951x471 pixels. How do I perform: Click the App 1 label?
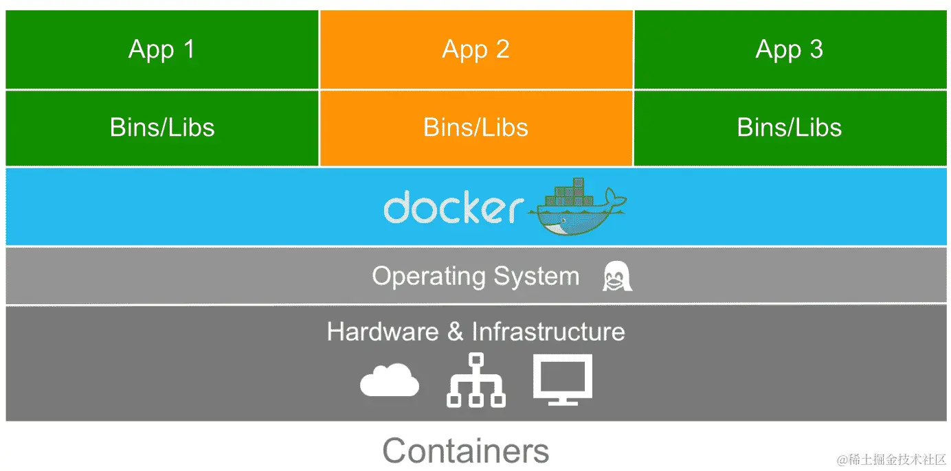(161, 49)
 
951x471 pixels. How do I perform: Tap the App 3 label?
(789, 49)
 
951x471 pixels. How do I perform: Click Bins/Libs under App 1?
(162, 128)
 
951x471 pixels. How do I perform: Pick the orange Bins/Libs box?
(475, 148)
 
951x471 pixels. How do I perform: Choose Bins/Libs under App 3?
(789, 128)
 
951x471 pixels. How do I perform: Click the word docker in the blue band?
(453, 208)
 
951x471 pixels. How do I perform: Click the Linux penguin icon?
(616, 276)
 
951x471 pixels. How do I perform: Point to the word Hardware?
(382, 332)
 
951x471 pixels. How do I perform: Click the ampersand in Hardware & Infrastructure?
(455, 332)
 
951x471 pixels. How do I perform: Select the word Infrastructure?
(548, 332)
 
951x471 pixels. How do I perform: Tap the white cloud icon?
(390, 380)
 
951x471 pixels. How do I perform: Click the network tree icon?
(475, 380)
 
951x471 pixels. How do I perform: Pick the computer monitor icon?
(562, 379)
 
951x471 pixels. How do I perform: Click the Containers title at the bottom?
(466, 451)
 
